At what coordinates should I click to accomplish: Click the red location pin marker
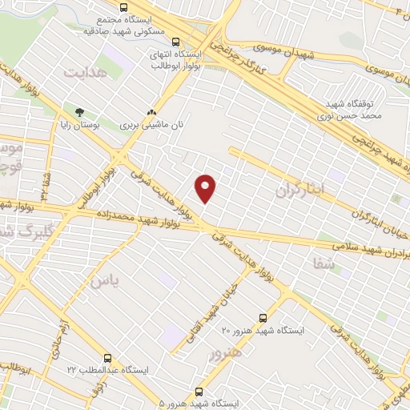(x=206, y=187)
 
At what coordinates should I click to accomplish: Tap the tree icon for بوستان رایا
(x=78, y=113)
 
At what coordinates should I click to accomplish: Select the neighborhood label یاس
(x=104, y=280)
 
